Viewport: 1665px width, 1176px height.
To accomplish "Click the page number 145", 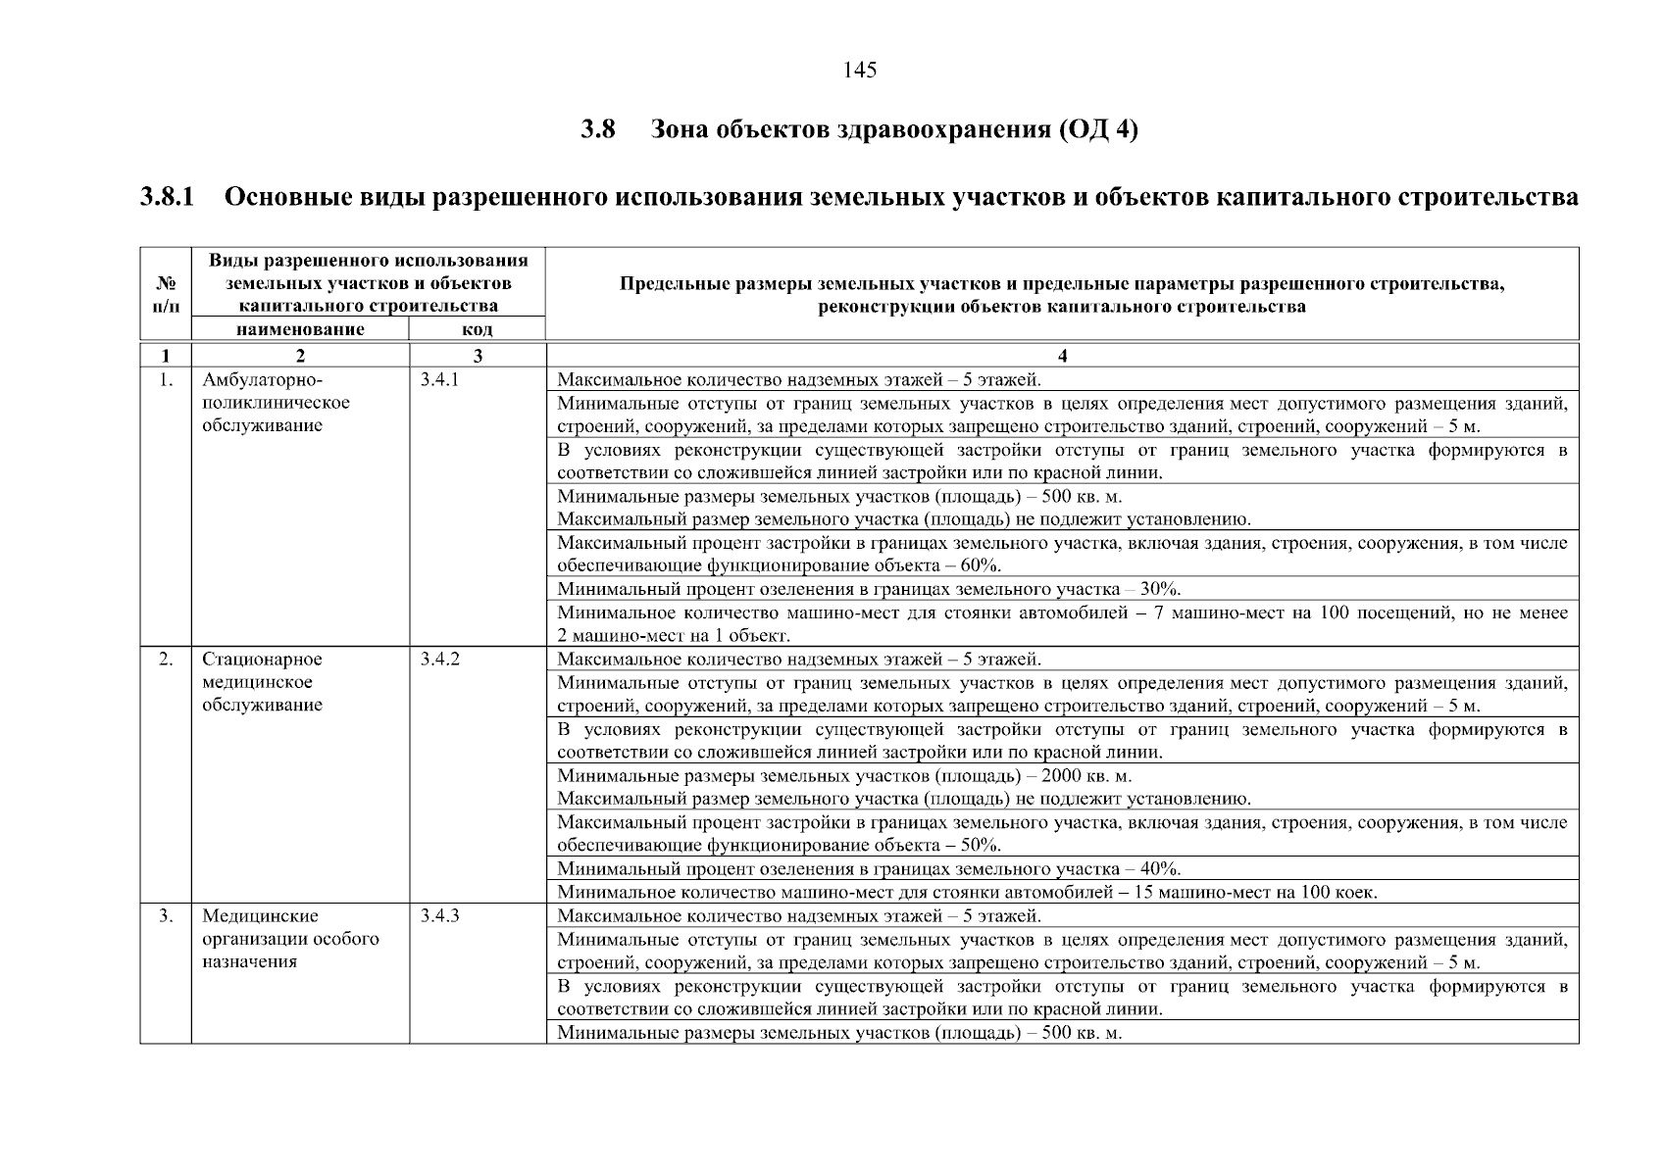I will point(859,71).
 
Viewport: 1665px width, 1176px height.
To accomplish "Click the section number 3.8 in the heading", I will point(597,130).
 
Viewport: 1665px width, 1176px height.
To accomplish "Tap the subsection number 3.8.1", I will point(167,198).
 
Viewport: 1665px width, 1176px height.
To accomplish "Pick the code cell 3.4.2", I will point(439,660).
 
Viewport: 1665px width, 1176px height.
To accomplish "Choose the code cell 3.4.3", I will point(439,916).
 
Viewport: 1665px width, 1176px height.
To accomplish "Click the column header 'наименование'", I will point(300,329).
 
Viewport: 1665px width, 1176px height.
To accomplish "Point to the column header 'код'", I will point(477,330).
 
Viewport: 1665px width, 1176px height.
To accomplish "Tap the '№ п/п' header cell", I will point(166,294).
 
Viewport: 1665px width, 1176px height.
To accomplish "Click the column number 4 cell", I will point(1062,355).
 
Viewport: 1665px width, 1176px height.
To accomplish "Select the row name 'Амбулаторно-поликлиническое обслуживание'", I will point(275,403).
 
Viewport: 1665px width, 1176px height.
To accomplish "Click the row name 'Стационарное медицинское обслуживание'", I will point(262,682).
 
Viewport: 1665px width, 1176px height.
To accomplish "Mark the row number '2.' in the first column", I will point(166,660).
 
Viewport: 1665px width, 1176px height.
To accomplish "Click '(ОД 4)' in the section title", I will point(1098,130).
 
